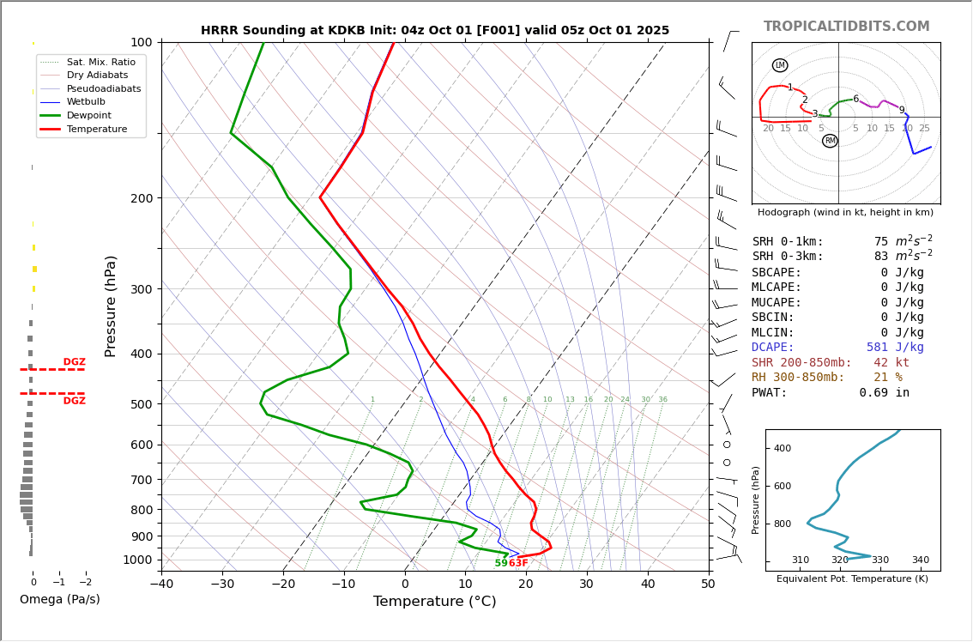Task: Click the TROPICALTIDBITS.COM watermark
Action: pyautogui.click(x=846, y=27)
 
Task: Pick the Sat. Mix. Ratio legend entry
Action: pyautogui.click(x=100, y=62)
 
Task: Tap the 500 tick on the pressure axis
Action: pyautogui.click(x=141, y=404)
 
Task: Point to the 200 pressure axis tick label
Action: pyautogui.click(x=141, y=198)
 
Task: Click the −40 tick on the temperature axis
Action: pyautogui.click(x=161, y=584)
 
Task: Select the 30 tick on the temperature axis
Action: pyautogui.click(x=587, y=584)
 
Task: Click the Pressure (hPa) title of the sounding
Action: pyautogui.click(x=111, y=306)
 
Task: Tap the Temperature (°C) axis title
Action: pyautogui.click(x=434, y=602)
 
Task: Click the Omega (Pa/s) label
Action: pyautogui.click(x=59, y=599)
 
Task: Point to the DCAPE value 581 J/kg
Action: pyautogui.click(x=895, y=348)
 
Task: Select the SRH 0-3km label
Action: pyautogui.click(x=788, y=257)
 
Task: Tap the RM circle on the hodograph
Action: pyautogui.click(x=830, y=141)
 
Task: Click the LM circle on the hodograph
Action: pyautogui.click(x=779, y=65)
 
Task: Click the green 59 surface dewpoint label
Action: pyautogui.click(x=501, y=563)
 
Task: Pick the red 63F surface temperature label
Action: pyautogui.click(x=518, y=563)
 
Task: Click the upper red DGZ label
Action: pyautogui.click(x=74, y=362)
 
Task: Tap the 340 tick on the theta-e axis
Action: pyautogui.click(x=920, y=560)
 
